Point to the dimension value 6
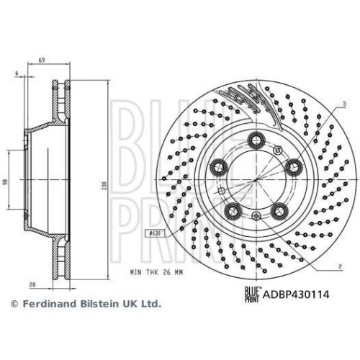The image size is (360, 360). tap(14, 73)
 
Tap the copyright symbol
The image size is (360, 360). tap(13, 305)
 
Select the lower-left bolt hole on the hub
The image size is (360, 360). tap(233, 211)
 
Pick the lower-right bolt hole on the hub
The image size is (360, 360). tap(278, 211)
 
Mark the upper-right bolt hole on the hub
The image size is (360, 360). tap(292, 167)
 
